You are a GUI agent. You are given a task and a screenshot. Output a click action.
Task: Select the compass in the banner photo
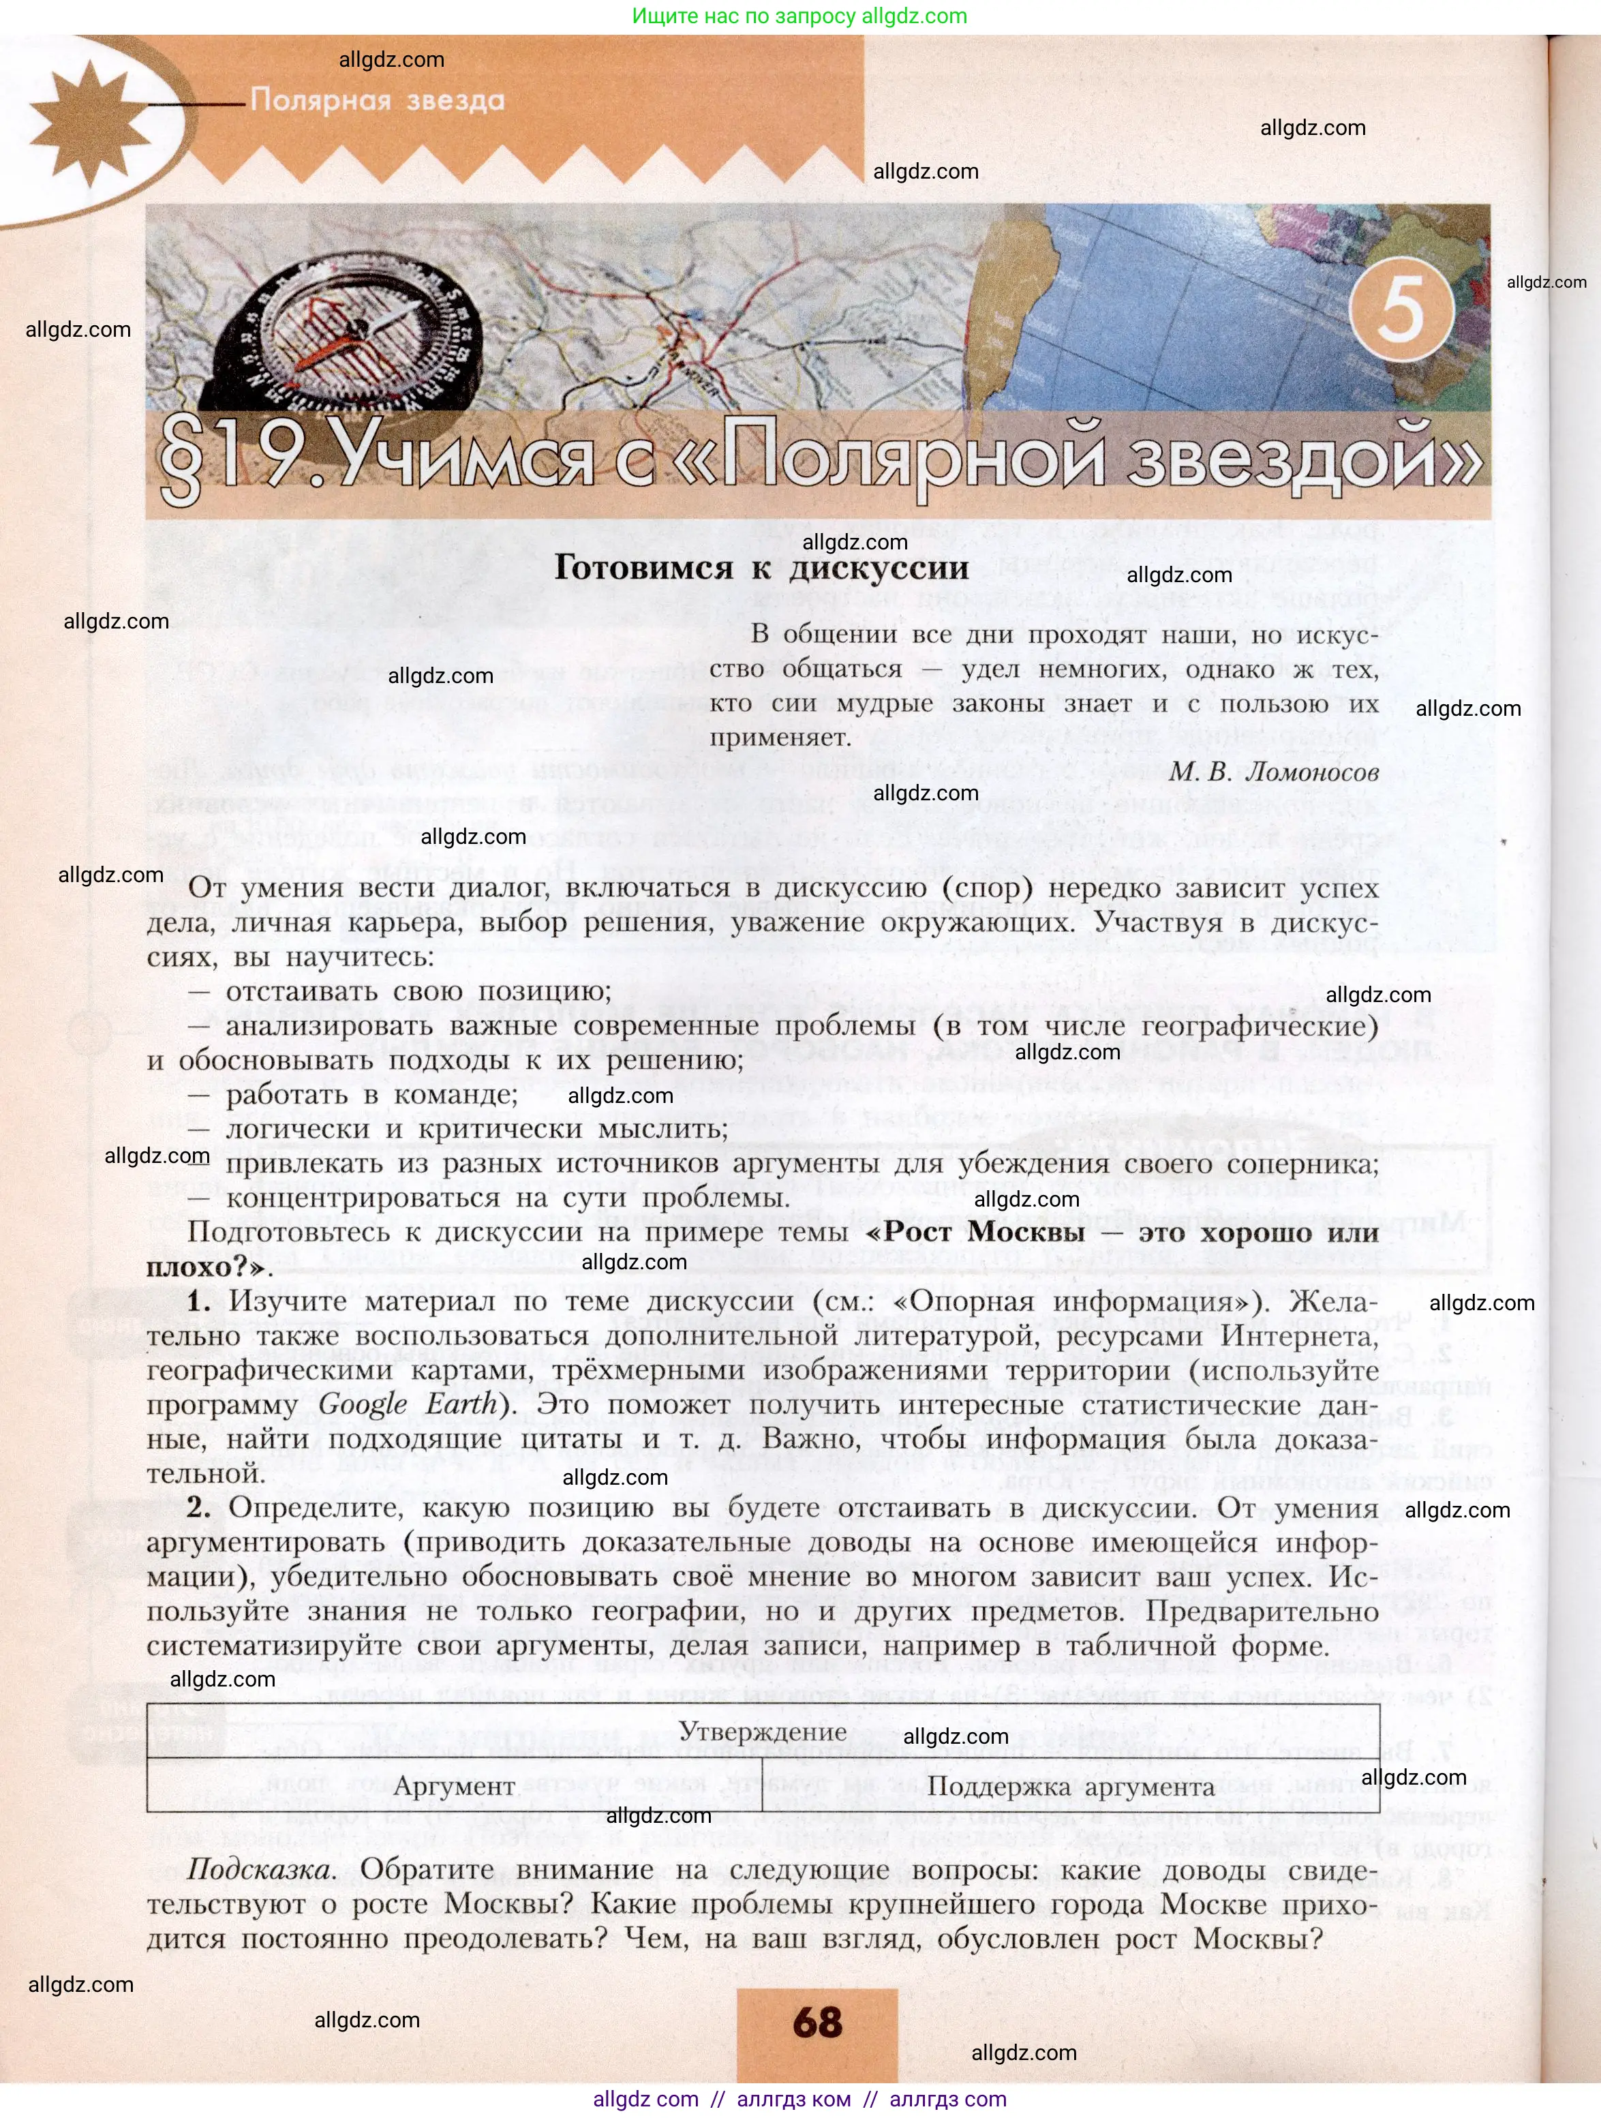[354, 335]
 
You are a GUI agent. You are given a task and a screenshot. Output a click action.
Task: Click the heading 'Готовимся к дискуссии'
[761, 568]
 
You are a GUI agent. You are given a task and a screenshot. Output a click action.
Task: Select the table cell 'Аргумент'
[454, 1786]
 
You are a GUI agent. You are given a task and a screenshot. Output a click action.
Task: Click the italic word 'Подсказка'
[260, 1869]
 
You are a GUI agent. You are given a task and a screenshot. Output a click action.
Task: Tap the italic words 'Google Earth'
[408, 1404]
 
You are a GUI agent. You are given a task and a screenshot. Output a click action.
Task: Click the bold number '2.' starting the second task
[199, 1507]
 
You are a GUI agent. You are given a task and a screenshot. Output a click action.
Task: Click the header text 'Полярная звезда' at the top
[378, 100]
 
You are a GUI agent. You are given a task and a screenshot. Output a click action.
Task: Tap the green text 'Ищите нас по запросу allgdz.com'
[799, 16]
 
